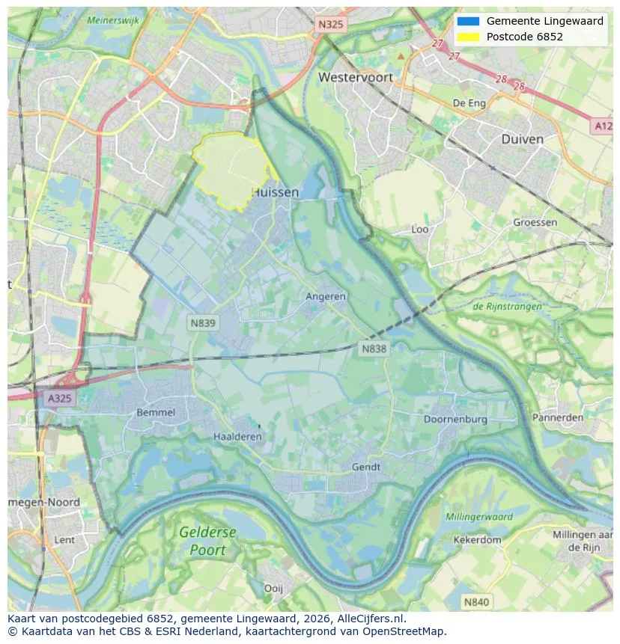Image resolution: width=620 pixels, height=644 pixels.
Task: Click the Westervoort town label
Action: [355, 77]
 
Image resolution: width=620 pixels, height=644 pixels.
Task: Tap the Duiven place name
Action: [522, 139]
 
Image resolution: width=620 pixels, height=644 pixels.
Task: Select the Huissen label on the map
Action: [275, 192]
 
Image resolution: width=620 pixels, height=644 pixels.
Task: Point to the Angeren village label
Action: [326, 296]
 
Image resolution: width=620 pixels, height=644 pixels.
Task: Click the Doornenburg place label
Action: [455, 419]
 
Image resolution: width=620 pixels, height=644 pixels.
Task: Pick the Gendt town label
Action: [366, 467]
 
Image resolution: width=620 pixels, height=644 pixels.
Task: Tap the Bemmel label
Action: [156, 412]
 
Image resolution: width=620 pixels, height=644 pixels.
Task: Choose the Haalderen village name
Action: [237, 436]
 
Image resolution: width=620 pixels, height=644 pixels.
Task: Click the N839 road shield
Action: [202, 322]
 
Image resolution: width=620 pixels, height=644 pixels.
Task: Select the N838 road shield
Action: [374, 349]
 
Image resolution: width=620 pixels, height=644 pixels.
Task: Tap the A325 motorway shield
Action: [60, 398]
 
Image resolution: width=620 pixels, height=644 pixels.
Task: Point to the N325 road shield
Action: [330, 25]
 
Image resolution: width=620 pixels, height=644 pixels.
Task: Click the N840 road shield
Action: [476, 601]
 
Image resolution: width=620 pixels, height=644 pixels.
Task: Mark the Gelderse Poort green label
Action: [207, 541]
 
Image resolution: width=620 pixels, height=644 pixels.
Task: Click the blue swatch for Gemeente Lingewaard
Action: [468, 21]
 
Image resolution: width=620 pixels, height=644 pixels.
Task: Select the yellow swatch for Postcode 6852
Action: [468, 37]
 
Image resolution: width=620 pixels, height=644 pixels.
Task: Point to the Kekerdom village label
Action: [477, 539]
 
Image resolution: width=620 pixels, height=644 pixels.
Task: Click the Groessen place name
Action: [535, 222]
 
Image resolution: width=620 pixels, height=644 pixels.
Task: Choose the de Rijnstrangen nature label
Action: [507, 306]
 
